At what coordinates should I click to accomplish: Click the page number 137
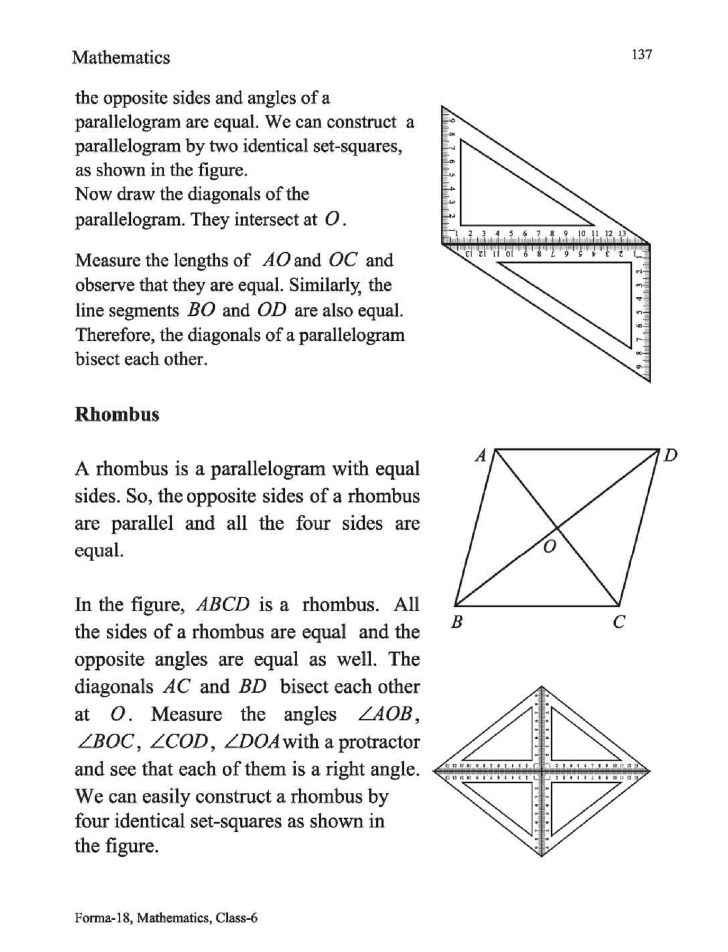tap(641, 54)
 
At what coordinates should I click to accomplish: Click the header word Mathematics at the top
tap(121, 57)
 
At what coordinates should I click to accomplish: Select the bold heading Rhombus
tap(117, 414)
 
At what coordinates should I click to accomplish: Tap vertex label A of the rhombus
tap(480, 455)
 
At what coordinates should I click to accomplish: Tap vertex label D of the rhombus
tap(670, 455)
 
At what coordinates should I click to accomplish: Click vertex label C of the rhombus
tap(619, 622)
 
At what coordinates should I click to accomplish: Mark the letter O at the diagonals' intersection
tap(550, 547)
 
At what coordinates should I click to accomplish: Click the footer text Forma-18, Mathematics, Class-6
tap(166, 918)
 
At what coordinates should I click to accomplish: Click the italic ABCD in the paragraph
tap(222, 605)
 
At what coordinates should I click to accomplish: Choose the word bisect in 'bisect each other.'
tap(100, 359)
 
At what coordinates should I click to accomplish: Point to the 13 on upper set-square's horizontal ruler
tap(622, 233)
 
